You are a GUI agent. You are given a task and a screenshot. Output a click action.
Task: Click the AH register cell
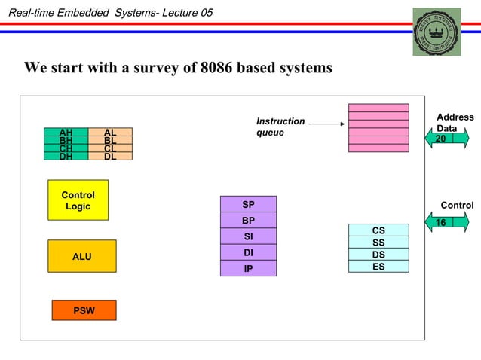(x=66, y=132)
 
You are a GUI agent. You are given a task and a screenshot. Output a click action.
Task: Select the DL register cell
(x=110, y=157)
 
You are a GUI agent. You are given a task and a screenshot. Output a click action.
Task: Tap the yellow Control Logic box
(x=78, y=200)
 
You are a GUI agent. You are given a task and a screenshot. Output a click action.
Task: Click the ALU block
(x=81, y=256)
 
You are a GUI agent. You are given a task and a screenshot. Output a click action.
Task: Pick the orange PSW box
(x=84, y=310)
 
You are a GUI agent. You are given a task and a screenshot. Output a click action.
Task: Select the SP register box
(x=248, y=205)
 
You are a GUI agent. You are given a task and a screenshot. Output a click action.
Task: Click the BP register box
(x=248, y=221)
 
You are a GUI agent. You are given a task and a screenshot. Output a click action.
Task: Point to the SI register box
(x=248, y=236)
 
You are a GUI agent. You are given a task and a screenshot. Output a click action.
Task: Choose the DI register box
(x=248, y=252)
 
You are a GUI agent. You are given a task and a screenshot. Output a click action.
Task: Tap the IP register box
(x=248, y=268)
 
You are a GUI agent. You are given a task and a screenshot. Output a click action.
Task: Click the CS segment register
(x=378, y=230)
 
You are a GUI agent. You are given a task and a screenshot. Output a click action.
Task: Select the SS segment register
(x=378, y=242)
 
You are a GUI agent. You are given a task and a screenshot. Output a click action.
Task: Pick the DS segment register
(x=378, y=254)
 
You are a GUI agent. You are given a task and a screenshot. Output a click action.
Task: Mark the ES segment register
(x=378, y=266)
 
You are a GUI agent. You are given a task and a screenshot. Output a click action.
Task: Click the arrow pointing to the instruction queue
(x=326, y=124)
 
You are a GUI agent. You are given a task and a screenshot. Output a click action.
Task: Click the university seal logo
(x=436, y=32)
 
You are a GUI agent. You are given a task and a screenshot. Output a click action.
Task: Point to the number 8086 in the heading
(x=219, y=68)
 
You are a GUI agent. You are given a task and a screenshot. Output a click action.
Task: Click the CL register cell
(x=110, y=148)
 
